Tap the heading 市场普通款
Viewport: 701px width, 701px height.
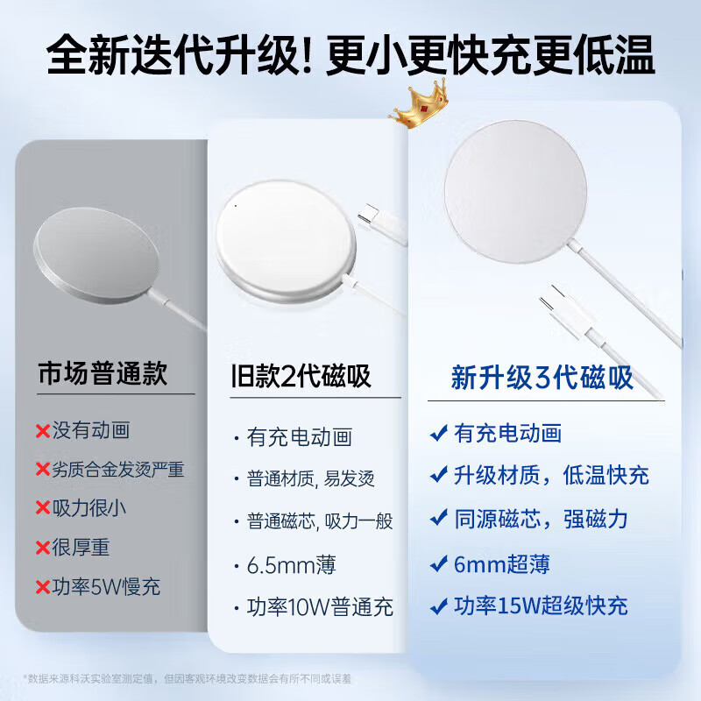(103, 375)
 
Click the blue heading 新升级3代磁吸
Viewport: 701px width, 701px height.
(542, 379)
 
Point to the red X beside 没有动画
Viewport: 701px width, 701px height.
(42, 430)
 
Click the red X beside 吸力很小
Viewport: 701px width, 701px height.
(42, 507)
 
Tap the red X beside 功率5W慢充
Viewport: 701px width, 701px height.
(42, 586)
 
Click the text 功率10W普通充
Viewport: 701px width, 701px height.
(320, 606)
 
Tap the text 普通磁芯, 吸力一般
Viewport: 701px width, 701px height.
(320, 521)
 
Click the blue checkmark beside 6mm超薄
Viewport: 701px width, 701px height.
(439, 563)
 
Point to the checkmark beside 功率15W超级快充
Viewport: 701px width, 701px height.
(439, 605)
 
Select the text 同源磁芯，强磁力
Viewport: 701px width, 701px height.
(541, 519)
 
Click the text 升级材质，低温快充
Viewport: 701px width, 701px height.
(551, 476)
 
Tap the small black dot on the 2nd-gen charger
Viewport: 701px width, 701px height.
(234, 207)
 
